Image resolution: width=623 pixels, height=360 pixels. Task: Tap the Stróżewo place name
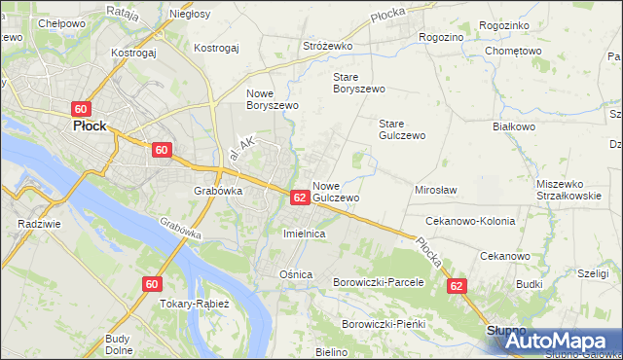[x=327, y=46]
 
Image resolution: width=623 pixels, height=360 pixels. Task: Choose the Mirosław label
[x=436, y=190]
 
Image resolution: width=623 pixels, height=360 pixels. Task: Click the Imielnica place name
[x=303, y=234]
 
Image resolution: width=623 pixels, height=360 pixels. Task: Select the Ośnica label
[x=296, y=274]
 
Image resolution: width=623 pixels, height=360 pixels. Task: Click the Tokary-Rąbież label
[x=195, y=304]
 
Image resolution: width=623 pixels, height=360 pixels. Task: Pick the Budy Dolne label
[x=119, y=344]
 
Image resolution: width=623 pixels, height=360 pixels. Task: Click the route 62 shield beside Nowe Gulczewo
[x=300, y=198]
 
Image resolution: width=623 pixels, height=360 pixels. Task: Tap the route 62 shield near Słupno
[x=458, y=286]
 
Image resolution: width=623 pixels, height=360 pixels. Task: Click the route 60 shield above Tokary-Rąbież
[x=151, y=284]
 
